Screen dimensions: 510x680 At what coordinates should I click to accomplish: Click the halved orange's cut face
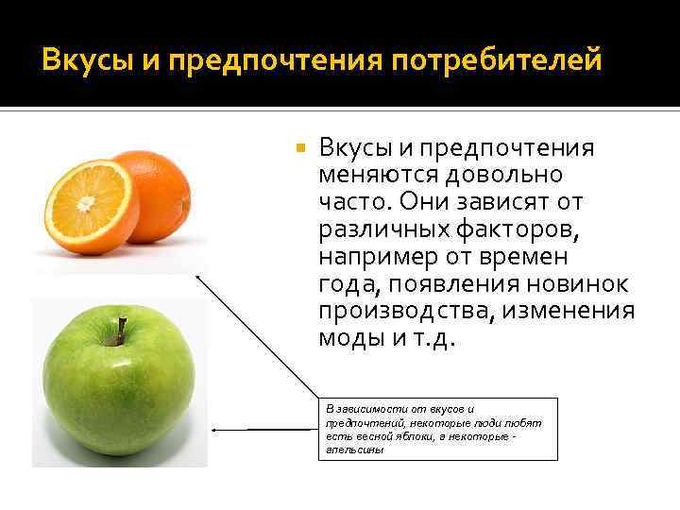[x=91, y=205]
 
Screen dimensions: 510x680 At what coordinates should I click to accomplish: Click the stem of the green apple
[x=120, y=331]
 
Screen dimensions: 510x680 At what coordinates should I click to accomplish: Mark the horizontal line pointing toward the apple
[x=264, y=429]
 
